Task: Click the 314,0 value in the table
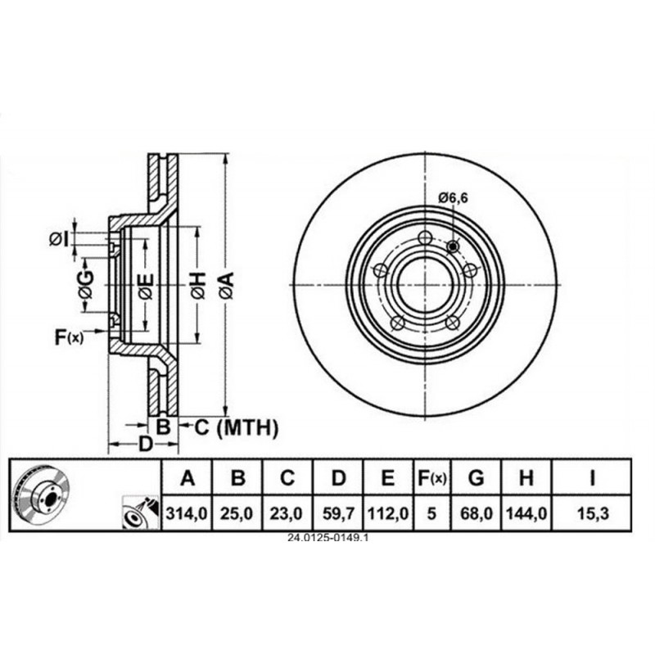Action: point(187,513)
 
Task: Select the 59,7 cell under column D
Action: point(338,513)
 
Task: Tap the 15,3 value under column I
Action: point(593,513)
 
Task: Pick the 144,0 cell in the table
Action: point(526,513)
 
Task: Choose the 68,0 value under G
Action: point(476,513)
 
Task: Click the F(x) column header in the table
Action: point(432,478)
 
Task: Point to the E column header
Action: point(388,478)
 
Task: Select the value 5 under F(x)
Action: point(431,513)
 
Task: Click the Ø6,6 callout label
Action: point(454,197)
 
